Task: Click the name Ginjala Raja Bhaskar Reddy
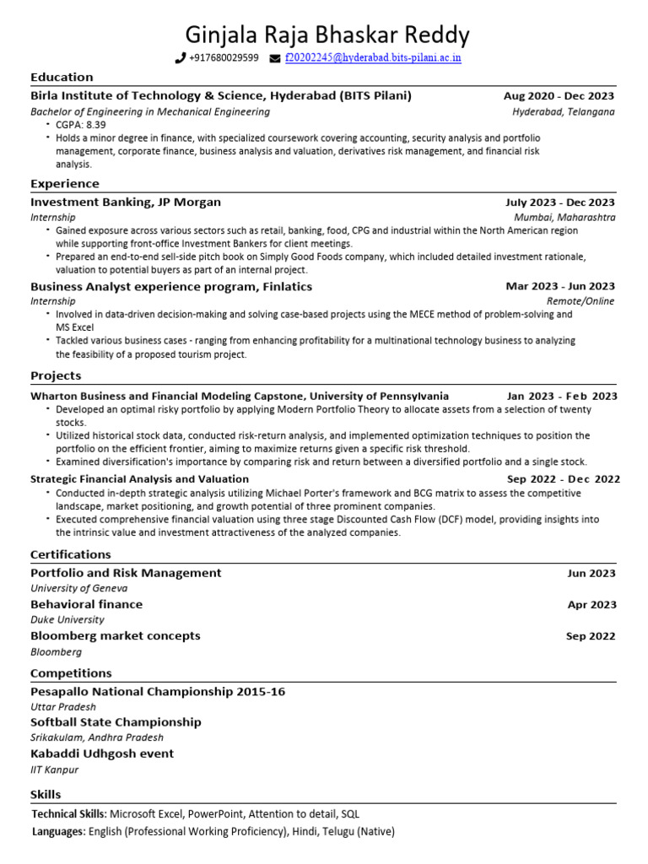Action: (x=327, y=35)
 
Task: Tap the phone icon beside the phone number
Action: (x=180, y=58)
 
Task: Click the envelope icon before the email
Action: (x=275, y=58)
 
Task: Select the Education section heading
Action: (x=62, y=77)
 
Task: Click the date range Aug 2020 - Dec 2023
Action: (x=559, y=96)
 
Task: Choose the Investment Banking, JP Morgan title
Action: (x=126, y=202)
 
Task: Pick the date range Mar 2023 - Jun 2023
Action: (x=560, y=287)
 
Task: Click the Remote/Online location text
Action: (x=580, y=301)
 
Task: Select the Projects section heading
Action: (x=56, y=375)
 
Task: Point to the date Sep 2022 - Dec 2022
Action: (x=564, y=479)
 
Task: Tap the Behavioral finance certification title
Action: (x=86, y=604)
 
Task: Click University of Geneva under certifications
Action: (x=79, y=588)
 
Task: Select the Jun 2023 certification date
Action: (x=591, y=574)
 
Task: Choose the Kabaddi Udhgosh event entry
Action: (x=102, y=753)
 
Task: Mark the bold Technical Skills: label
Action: (x=69, y=814)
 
